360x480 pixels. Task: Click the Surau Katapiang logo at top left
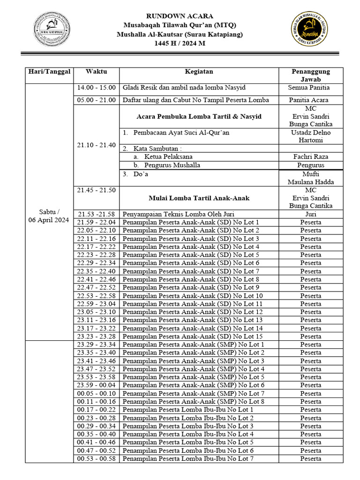[52, 29]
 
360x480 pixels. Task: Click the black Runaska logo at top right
[309, 29]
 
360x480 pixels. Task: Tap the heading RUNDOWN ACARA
[180, 16]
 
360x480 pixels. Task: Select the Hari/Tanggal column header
[49, 72]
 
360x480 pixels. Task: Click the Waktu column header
[96, 72]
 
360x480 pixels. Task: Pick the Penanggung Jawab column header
[311, 75]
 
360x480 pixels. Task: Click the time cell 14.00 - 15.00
[96, 88]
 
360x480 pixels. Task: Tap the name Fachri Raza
[311, 157]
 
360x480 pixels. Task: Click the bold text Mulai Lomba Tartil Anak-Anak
[199, 198]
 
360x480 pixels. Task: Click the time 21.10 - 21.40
[96, 145]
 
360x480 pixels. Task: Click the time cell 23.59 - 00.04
[96, 385]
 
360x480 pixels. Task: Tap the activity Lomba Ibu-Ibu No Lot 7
[188, 458]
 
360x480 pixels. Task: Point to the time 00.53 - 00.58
[96, 458]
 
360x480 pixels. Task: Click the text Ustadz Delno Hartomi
[311, 136]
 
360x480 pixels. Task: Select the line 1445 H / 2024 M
[180, 44]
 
